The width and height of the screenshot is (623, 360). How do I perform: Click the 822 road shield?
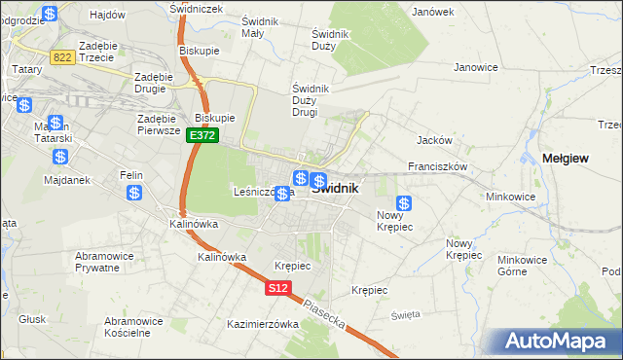tap(63, 57)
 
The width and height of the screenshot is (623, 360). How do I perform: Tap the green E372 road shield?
tap(202, 136)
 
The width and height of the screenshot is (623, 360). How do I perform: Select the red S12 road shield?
tap(277, 288)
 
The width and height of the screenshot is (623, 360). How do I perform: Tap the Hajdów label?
tap(107, 16)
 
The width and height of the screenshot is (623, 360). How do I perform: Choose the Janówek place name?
tap(433, 12)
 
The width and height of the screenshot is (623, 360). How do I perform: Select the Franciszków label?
tap(439, 166)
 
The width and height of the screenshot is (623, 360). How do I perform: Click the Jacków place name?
tap(432, 140)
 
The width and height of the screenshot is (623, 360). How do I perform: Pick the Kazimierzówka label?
tap(262, 324)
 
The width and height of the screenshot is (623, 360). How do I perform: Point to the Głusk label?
tap(32, 318)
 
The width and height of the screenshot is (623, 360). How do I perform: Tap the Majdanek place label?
tap(67, 180)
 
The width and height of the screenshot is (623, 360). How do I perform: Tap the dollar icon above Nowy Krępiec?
tap(404, 203)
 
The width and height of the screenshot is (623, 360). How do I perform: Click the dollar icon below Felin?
tap(133, 193)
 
